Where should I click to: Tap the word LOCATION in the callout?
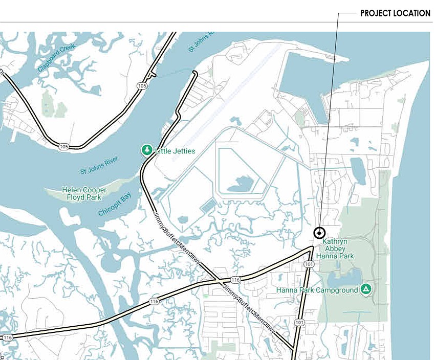click(413, 13)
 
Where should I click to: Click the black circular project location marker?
click(319, 233)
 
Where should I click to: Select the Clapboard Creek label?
click(56, 57)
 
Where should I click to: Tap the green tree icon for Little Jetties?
click(147, 150)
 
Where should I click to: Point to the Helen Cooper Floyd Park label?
click(83, 193)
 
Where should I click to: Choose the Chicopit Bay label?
click(115, 205)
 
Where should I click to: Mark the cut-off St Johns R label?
click(202, 41)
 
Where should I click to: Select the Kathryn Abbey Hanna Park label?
click(338, 247)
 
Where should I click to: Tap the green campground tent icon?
click(366, 289)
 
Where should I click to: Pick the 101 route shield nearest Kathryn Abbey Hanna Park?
click(309, 264)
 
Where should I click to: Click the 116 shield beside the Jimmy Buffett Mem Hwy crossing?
click(235, 280)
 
